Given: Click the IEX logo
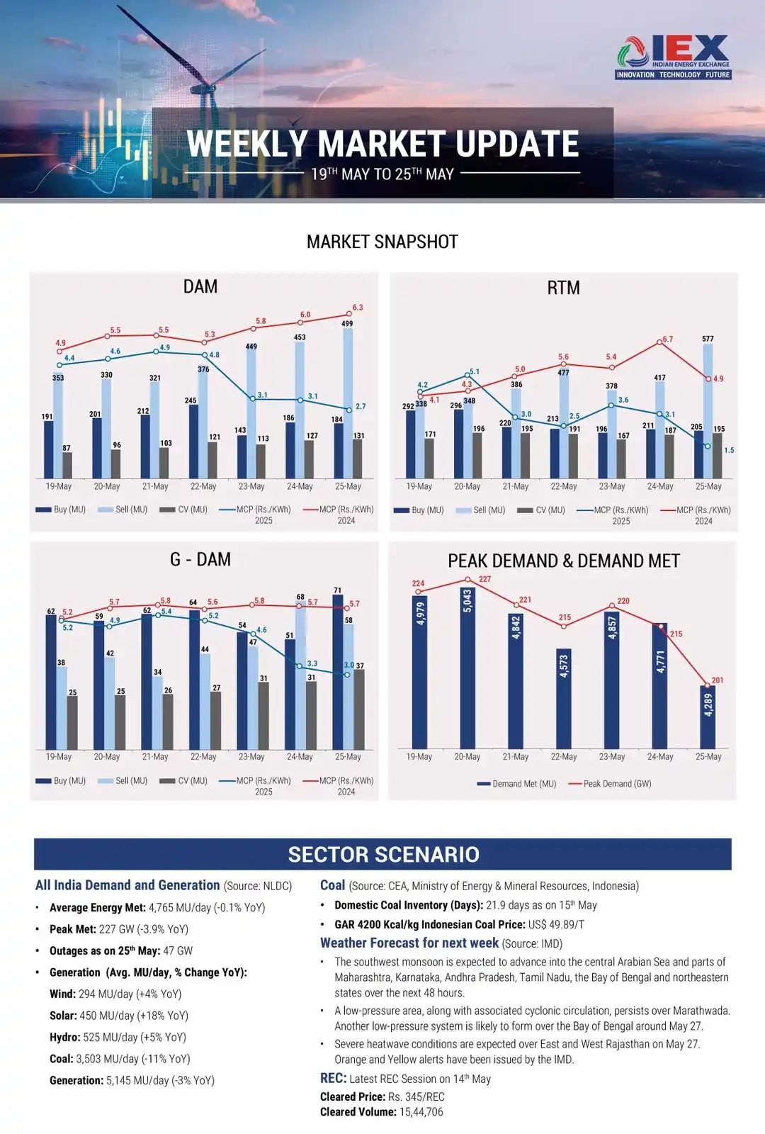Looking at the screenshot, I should coord(673,57).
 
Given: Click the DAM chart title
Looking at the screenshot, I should coord(200,287).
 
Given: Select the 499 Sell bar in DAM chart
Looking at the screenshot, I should coord(348,403).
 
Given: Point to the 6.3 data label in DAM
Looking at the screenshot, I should coord(358,308).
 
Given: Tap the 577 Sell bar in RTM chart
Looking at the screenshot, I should coord(708,411).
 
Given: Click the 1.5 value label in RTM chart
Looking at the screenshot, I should coord(729,451).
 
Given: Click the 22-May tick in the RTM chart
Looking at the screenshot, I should coord(564,487).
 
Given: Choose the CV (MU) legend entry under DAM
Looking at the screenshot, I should coord(184,510).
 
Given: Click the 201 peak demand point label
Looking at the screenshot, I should coord(718,680).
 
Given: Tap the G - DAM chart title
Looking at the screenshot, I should coord(200,560).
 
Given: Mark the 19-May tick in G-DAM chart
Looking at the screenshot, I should coord(59,757).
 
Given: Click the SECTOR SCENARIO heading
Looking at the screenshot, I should coord(383,855).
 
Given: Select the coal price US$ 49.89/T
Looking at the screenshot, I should coord(556,925).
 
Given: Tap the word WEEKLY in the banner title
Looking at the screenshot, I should coord(247,145).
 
